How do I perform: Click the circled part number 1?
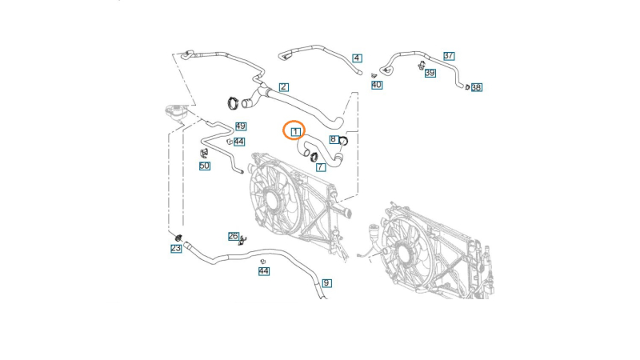(x=294, y=130)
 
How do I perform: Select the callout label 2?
(x=283, y=86)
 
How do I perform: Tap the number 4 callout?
(x=357, y=58)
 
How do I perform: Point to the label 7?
(x=320, y=167)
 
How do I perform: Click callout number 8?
(x=333, y=139)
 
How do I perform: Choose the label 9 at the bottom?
(x=326, y=283)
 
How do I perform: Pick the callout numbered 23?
(x=175, y=249)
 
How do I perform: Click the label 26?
(x=234, y=236)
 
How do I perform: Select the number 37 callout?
(x=449, y=55)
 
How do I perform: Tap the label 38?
(x=476, y=87)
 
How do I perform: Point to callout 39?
(x=430, y=73)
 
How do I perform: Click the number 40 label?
(x=376, y=84)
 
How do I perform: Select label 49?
(x=240, y=126)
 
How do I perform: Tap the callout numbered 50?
(x=205, y=166)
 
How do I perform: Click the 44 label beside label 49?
(x=239, y=141)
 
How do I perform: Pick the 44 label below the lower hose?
(x=263, y=271)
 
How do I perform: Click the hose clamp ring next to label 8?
(x=345, y=142)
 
